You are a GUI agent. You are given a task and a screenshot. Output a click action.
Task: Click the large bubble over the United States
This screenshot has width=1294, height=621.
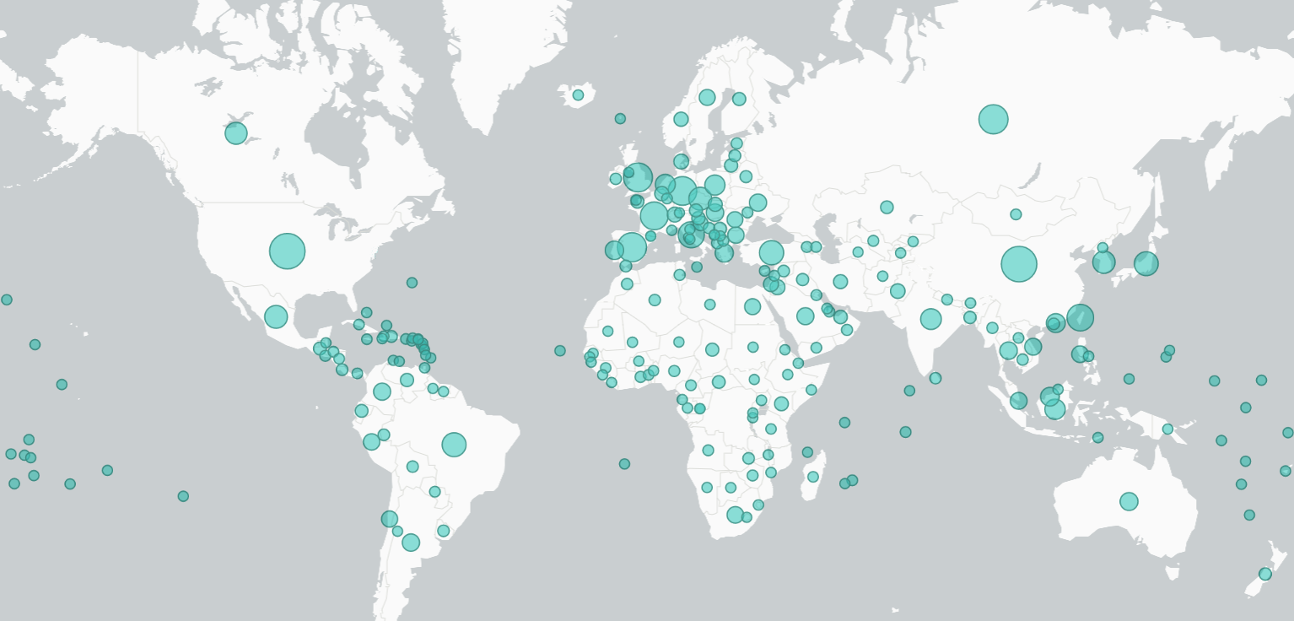point(287,251)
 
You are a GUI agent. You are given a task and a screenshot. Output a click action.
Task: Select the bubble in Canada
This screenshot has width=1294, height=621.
point(236,133)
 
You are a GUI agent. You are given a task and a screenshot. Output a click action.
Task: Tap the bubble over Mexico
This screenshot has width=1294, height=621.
point(276,316)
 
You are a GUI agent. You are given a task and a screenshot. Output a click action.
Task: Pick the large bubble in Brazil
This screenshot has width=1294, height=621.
point(454,444)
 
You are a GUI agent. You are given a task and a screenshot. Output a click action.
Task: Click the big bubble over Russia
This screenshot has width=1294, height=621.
point(993,119)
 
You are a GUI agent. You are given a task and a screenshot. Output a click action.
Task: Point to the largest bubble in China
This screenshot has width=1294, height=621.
point(1019,264)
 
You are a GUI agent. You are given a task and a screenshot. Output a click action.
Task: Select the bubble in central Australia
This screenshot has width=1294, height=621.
point(1129,501)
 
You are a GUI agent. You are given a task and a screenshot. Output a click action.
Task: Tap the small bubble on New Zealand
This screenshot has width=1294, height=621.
point(1264,574)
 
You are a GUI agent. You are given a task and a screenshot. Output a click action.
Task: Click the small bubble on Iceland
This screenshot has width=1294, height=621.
point(578,95)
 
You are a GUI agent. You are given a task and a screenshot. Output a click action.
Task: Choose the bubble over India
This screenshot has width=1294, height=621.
point(930,319)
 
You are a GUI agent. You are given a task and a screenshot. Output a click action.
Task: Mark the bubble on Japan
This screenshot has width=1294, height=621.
point(1146,264)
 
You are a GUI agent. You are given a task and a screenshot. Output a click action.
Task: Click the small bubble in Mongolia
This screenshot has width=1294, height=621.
point(1016,214)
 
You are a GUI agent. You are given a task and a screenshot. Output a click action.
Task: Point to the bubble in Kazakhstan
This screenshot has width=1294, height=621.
point(887,208)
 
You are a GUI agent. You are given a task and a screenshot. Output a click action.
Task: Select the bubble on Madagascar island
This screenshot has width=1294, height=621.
point(813,477)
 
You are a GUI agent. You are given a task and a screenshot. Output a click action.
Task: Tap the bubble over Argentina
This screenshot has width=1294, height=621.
point(411,543)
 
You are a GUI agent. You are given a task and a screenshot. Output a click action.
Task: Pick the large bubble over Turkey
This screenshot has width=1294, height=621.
point(771,252)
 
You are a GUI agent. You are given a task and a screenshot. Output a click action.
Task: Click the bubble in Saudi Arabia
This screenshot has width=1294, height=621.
point(806,316)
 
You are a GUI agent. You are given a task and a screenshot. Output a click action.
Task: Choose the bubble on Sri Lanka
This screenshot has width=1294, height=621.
point(935,378)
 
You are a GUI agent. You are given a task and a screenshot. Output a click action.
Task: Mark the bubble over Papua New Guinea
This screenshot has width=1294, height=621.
point(1167,429)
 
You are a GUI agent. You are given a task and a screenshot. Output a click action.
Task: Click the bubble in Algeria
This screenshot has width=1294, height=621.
point(655,300)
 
